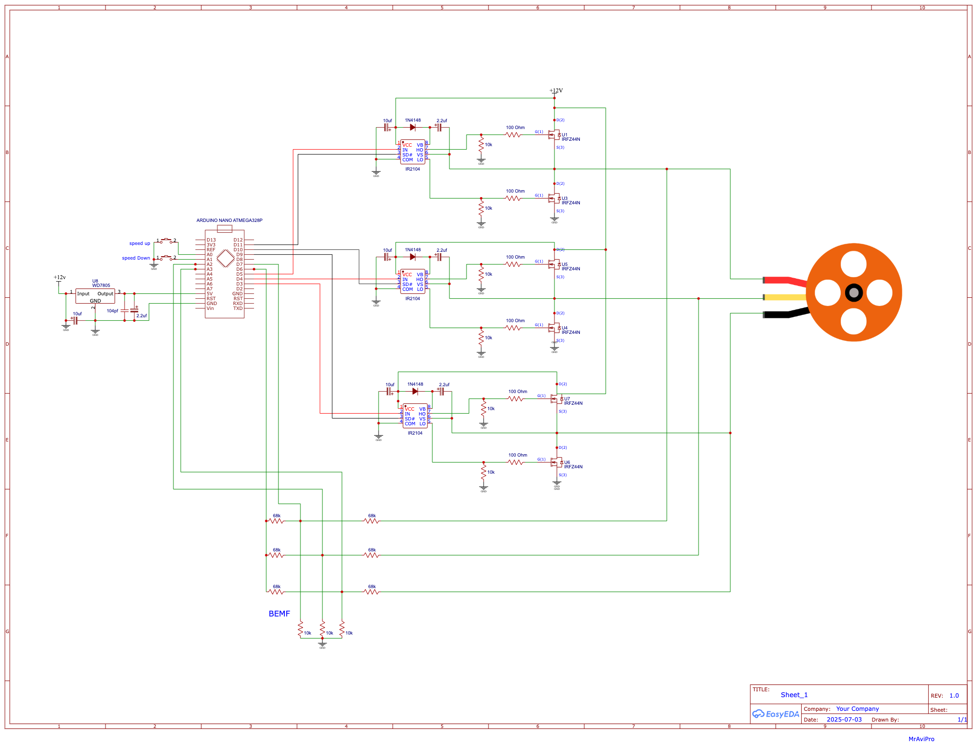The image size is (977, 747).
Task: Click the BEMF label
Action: pyautogui.click(x=279, y=614)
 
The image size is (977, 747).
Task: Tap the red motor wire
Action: pyautogui.click(x=782, y=280)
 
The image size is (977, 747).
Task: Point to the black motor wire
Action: pyautogui.click(x=782, y=314)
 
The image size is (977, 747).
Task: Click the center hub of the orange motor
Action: pyautogui.click(x=853, y=293)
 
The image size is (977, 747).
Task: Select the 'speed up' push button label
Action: pyautogui.click(x=140, y=243)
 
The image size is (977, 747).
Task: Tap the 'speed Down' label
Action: pyautogui.click(x=136, y=258)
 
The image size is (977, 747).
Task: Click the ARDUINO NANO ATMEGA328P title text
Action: pyautogui.click(x=229, y=220)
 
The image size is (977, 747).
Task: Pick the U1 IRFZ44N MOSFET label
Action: pyautogui.click(x=570, y=137)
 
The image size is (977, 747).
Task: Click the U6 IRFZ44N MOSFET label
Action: pyautogui.click(x=573, y=465)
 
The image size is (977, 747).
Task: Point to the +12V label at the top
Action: pyautogui.click(x=556, y=90)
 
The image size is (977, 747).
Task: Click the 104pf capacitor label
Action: pyautogui.click(x=112, y=311)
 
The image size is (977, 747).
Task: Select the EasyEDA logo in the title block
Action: pyautogui.click(x=776, y=714)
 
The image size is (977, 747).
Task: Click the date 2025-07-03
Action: pyautogui.click(x=844, y=720)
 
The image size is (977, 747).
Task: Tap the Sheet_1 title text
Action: pyautogui.click(x=794, y=695)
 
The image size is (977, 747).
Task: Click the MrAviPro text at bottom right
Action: pyautogui.click(x=921, y=739)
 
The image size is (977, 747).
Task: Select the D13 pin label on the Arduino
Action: pyautogui.click(x=211, y=240)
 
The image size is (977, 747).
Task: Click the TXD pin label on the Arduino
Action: pyautogui.click(x=238, y=308)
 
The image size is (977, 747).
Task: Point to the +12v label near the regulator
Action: pyautogui.click(x=60, y=277)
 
